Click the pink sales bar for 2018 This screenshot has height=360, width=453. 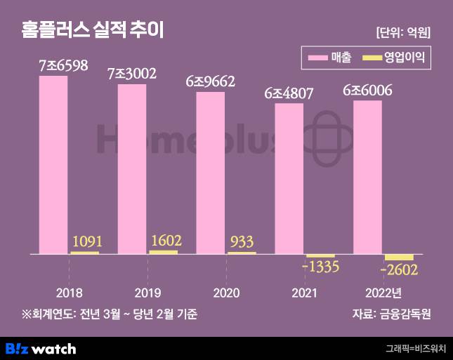[53, 164]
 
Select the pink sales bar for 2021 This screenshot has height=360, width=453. [289, 178]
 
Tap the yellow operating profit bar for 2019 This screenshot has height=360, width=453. [164, 252]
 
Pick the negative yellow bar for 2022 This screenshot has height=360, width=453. [399, 257]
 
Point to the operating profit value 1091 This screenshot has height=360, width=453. [87, 241]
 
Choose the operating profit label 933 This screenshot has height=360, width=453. [243, 242]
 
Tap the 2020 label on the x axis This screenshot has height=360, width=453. [226, 292]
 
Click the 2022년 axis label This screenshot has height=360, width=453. [383, 292]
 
